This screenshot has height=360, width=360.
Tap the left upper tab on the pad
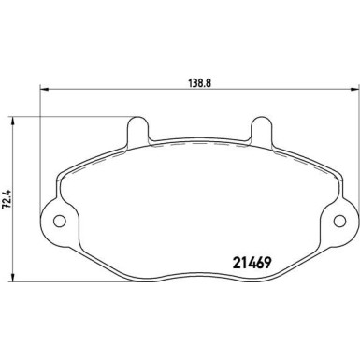pyautogui.click(x=137, y=128)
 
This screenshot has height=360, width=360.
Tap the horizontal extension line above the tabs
pyautogui.click(x=75, y=116)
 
